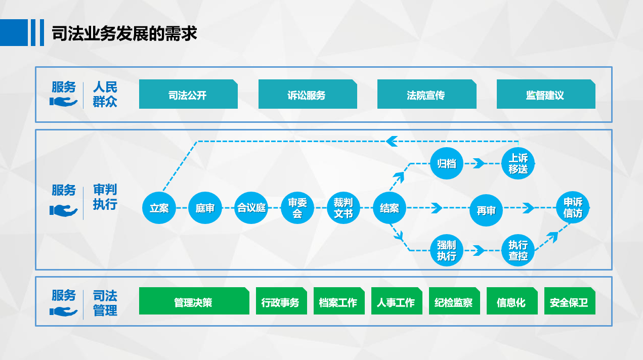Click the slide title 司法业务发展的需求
coord(124,33)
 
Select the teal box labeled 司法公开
coord(188,94)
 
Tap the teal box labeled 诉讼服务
coord(308,94)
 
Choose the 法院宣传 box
coord(427,94)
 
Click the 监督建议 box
coord(546,94)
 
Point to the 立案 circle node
coord(159,208)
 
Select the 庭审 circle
coord(205,208)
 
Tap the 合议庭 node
coord(251,208)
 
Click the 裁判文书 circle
coord(344,208)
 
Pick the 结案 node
coord(390,208)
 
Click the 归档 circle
coord(447,163)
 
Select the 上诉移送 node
coord(518,163)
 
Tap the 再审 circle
coord(486,210)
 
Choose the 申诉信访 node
coord(573,208)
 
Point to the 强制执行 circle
coord(447,250)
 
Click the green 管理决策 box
coord(194,301)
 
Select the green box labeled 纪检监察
coord(454,301)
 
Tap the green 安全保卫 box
coord(570,301)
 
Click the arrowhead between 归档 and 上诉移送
coord(479,163)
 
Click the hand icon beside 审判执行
coord(63,210)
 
